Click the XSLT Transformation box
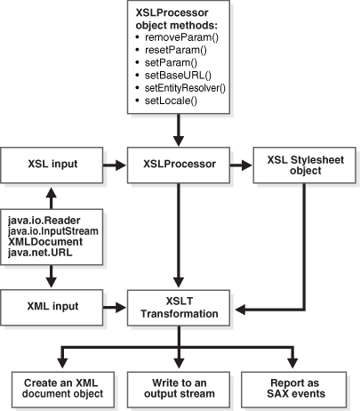pyautogui.click(x=180, y=307)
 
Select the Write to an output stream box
pyautogui.click(x=180, y=386)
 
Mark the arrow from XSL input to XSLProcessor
pyautogui.click(x=116, y=165)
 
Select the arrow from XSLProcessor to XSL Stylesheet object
pyautogui.click(x=241, y=165)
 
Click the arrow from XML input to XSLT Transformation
pyautogui.click(x=116, y=306)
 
